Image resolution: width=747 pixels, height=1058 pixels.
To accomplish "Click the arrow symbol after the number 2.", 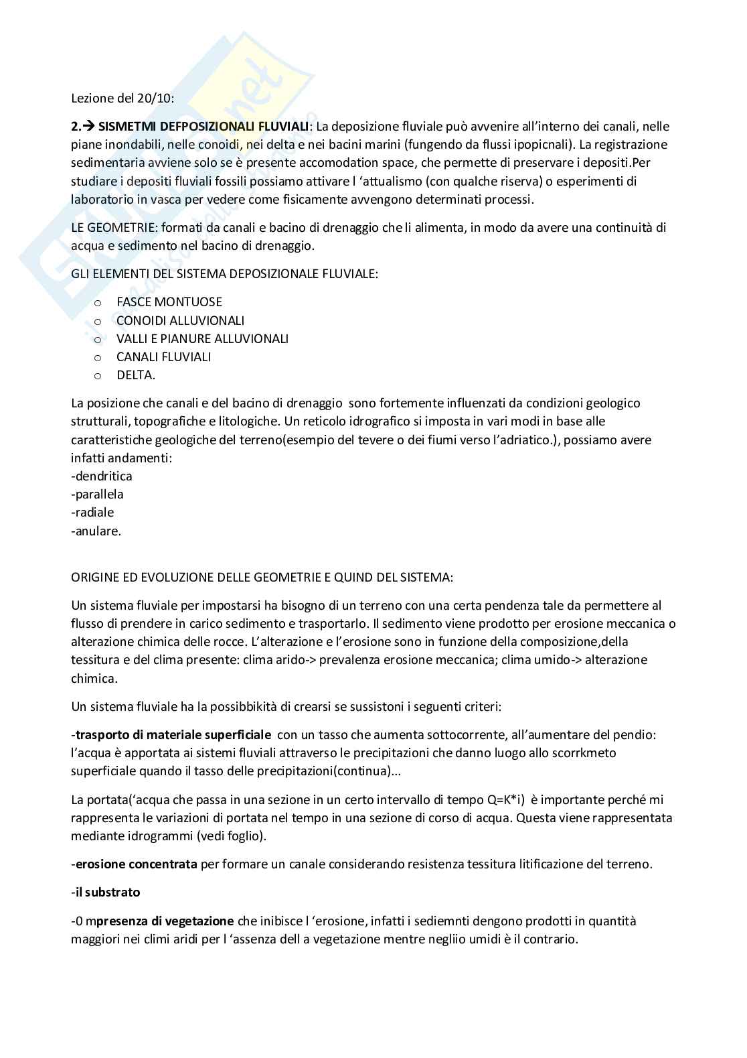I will coord(88,126).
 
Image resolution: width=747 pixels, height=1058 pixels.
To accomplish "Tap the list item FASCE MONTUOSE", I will coord(169,302).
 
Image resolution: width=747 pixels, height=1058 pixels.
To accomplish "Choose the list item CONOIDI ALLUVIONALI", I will coord(180,320).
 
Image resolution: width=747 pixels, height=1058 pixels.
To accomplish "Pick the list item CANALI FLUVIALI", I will coord(163,357).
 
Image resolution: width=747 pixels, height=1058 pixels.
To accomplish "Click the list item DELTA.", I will coord(135,375).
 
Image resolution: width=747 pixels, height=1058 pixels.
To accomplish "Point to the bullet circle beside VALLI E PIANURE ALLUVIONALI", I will coord(98,340).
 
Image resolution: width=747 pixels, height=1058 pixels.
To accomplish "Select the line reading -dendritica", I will coord(102,476).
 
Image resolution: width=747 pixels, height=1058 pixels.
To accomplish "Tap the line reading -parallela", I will coord(98,494).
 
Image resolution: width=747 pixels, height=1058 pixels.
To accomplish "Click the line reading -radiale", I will coord(93,513).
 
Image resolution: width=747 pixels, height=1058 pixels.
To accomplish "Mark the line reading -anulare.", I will coord(96,531).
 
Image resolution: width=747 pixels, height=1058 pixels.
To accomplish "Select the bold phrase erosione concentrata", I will coord(136,864).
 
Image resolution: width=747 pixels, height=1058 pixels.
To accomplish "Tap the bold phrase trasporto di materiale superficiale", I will coord(173,734).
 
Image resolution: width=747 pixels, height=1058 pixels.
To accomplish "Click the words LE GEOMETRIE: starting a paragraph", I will coord(113,227).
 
